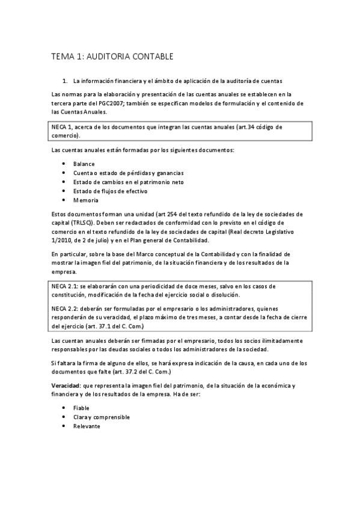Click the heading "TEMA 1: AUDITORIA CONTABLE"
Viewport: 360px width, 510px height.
(x=112, y=57)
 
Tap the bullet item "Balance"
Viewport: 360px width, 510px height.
(x=84, y=164)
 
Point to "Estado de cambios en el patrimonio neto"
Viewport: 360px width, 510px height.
(x=128, y=182)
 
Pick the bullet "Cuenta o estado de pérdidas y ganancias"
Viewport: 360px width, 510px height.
(x=128, y=173)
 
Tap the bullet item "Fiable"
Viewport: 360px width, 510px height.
(x=81, y=408)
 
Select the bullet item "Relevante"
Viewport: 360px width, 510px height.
(x=87, y=426)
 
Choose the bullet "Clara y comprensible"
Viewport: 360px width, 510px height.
(x=101, y=417)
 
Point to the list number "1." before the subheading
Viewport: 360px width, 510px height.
(x=65, y=80)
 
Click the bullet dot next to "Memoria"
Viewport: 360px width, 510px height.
(x=64, y=200)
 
